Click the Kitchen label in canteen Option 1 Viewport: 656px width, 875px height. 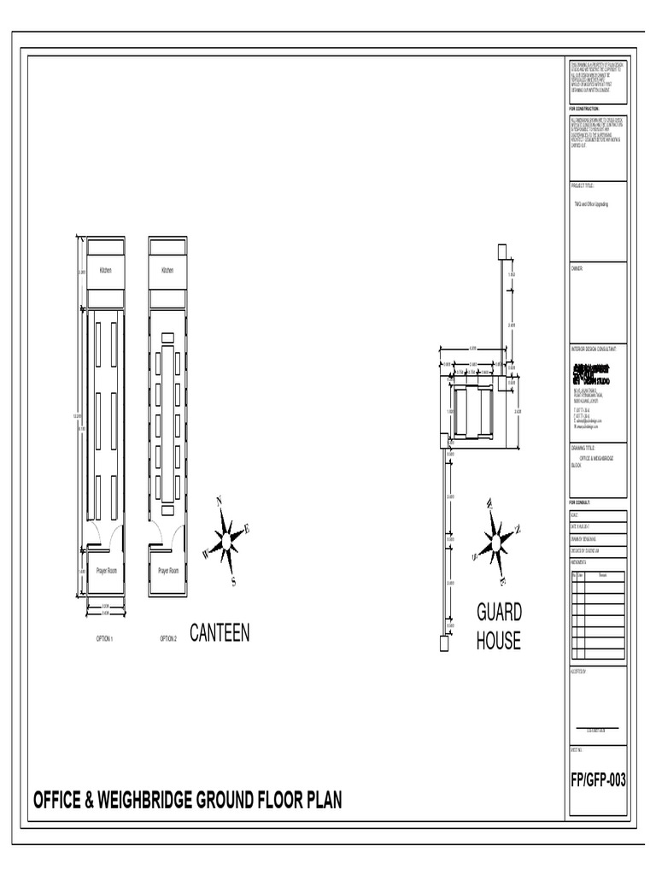pos(106,271)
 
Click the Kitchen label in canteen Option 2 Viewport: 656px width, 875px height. pos(167,271)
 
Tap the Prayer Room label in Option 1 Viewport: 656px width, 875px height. pos(106,570)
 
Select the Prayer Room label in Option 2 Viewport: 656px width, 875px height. pos(168,570)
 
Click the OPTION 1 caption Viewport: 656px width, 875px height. pos(105,638)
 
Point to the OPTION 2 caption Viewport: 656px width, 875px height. pos(167,638)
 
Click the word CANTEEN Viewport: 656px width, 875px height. pos(220,633)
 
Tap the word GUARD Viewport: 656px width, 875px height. pos(499,613)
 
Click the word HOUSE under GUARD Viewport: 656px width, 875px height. pos(499,642)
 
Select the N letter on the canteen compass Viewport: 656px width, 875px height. pos(220,502)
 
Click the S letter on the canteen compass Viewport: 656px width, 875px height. pos(233,582)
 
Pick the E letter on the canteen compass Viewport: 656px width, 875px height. pos(248,530)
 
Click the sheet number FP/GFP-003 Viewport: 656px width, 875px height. pos(598,779)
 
